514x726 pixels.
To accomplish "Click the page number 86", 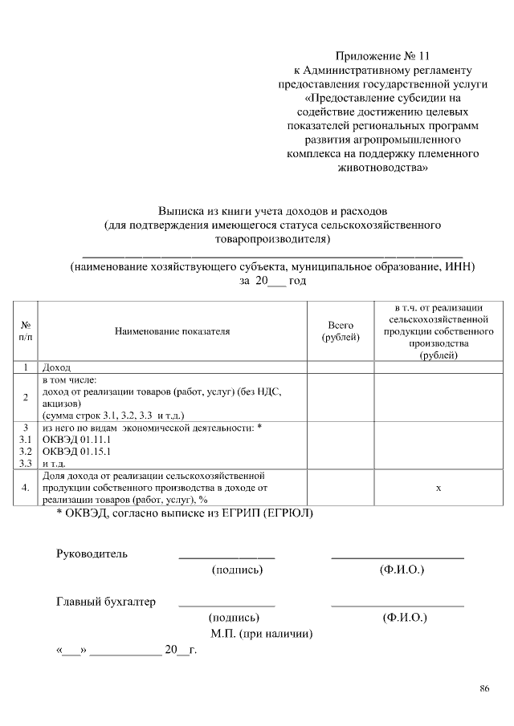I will tap(484, 687).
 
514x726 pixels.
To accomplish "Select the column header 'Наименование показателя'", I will tap(172, 331).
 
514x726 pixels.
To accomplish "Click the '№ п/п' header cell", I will tap(26, 331).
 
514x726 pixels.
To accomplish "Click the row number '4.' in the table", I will tap(26, 487).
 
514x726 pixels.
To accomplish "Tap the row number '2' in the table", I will tap(26, 397).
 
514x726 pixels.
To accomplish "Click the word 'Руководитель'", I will tap(92, 554).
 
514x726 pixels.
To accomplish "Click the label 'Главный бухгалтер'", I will tap(106, 602).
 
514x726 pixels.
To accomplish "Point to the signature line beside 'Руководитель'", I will tap(226, 556).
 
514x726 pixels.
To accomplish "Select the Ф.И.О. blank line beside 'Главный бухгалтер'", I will tap(398, 604).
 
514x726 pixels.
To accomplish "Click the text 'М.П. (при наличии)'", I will tap(262, 634).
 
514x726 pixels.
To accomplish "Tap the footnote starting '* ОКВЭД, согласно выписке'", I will tap(185, 512).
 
